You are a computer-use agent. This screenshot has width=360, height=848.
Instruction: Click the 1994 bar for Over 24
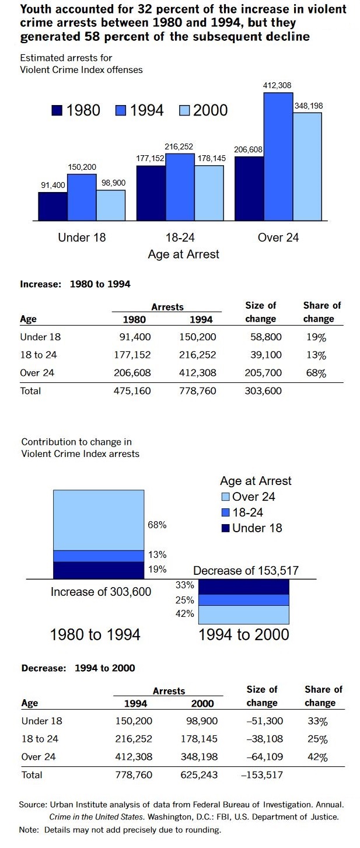point(278,156)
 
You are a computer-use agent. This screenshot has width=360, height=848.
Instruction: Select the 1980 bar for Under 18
point(53,206)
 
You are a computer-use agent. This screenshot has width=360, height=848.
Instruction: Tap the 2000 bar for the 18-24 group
point(209,193)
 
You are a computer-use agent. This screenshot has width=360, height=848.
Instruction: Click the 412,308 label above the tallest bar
point(278,86)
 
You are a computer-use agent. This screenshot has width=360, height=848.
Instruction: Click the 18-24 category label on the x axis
point(180,238)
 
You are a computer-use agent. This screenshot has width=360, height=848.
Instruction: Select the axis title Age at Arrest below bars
point(184,254)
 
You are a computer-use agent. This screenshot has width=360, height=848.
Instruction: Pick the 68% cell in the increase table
point(316,373)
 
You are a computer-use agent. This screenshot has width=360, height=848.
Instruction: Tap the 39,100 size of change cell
point(267,355)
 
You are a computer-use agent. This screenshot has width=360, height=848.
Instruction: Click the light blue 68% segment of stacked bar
point(99,519)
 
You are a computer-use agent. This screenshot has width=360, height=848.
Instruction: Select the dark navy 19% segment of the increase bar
point(99,570)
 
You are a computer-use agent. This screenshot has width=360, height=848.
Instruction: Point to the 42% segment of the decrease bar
point(244,615)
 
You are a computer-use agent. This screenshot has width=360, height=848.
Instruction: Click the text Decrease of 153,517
point(246,571)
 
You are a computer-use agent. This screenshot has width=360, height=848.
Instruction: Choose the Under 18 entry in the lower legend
point(251,528)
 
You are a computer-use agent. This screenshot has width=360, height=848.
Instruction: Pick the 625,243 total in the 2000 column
point(199,776)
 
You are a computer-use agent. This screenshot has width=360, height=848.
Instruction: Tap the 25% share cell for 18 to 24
point(317,740)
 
